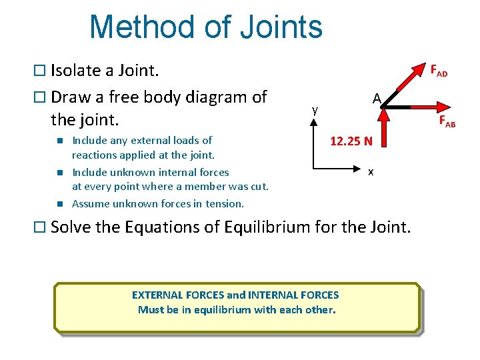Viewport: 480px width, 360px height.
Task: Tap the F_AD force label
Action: coord(438,70)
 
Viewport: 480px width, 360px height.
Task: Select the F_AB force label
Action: coord(447,121)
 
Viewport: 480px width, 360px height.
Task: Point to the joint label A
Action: coord(377,99)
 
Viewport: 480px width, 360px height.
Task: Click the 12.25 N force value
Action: coord(351,141)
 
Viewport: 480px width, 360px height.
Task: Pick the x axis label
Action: coord(371,172)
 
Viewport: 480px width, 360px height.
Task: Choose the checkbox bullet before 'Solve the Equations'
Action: coord(41,227)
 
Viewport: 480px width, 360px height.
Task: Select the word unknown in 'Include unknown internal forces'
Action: coord(127,172)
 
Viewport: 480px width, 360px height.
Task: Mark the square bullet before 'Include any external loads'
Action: coord(59,140)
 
